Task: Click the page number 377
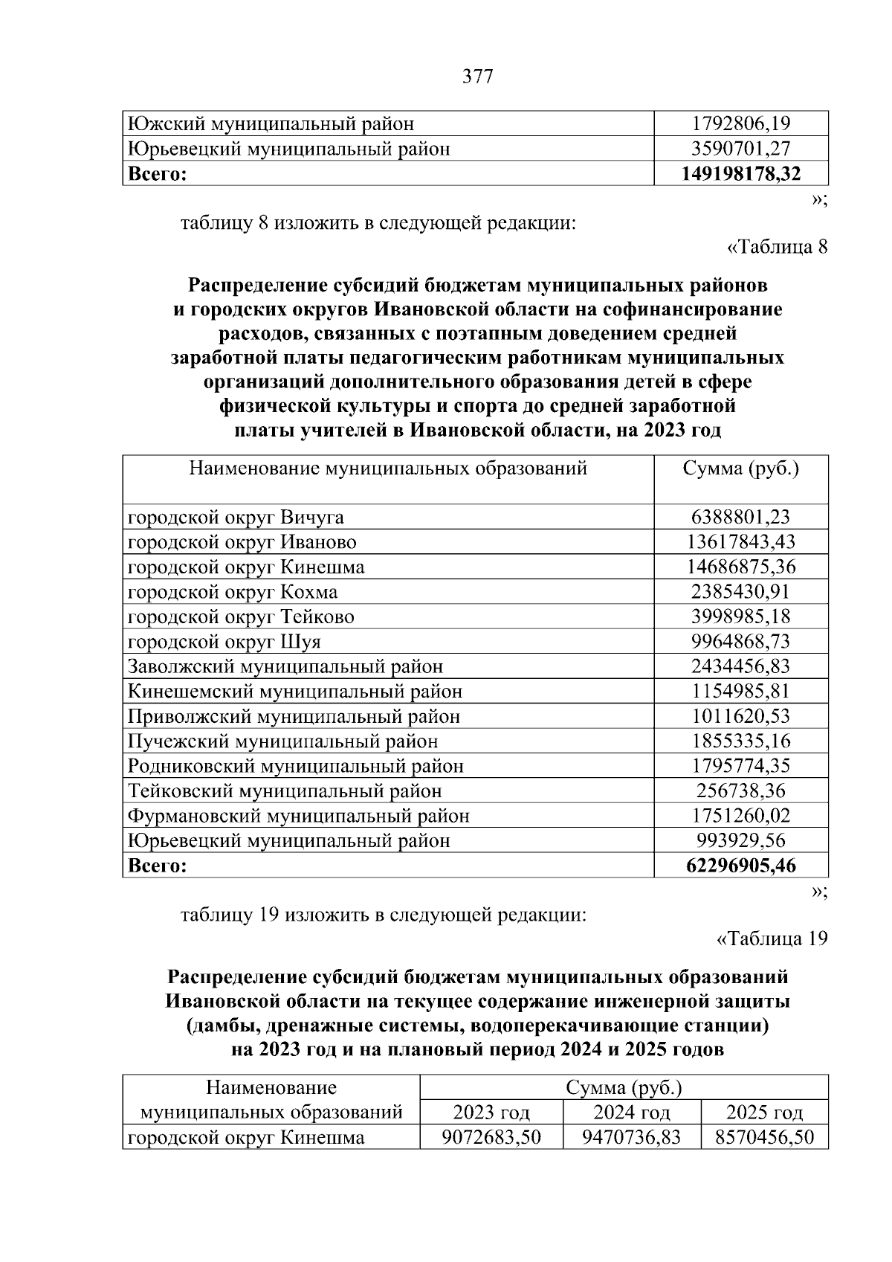point(477,77)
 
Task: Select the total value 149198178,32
point(741,174)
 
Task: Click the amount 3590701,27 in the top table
point(741,149)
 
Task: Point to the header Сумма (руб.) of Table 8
point(740,469)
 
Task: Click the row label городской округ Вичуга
point(236,517)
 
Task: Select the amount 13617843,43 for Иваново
point(740,542)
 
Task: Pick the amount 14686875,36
point(740,567)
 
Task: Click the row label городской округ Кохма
point(233,592)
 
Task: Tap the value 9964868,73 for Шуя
point(740,642)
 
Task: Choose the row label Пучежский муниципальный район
point(282,741)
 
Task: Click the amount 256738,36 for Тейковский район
point(740,791)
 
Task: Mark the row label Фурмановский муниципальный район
point(298,816)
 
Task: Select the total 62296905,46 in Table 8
point(740,866)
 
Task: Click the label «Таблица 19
point(772,939)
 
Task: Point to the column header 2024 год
point(631,1113)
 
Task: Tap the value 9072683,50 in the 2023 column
point(491,1138)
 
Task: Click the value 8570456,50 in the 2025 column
point(764,1138)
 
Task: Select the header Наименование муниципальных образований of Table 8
point(388,469)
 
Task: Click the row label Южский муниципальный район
point(271,124)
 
